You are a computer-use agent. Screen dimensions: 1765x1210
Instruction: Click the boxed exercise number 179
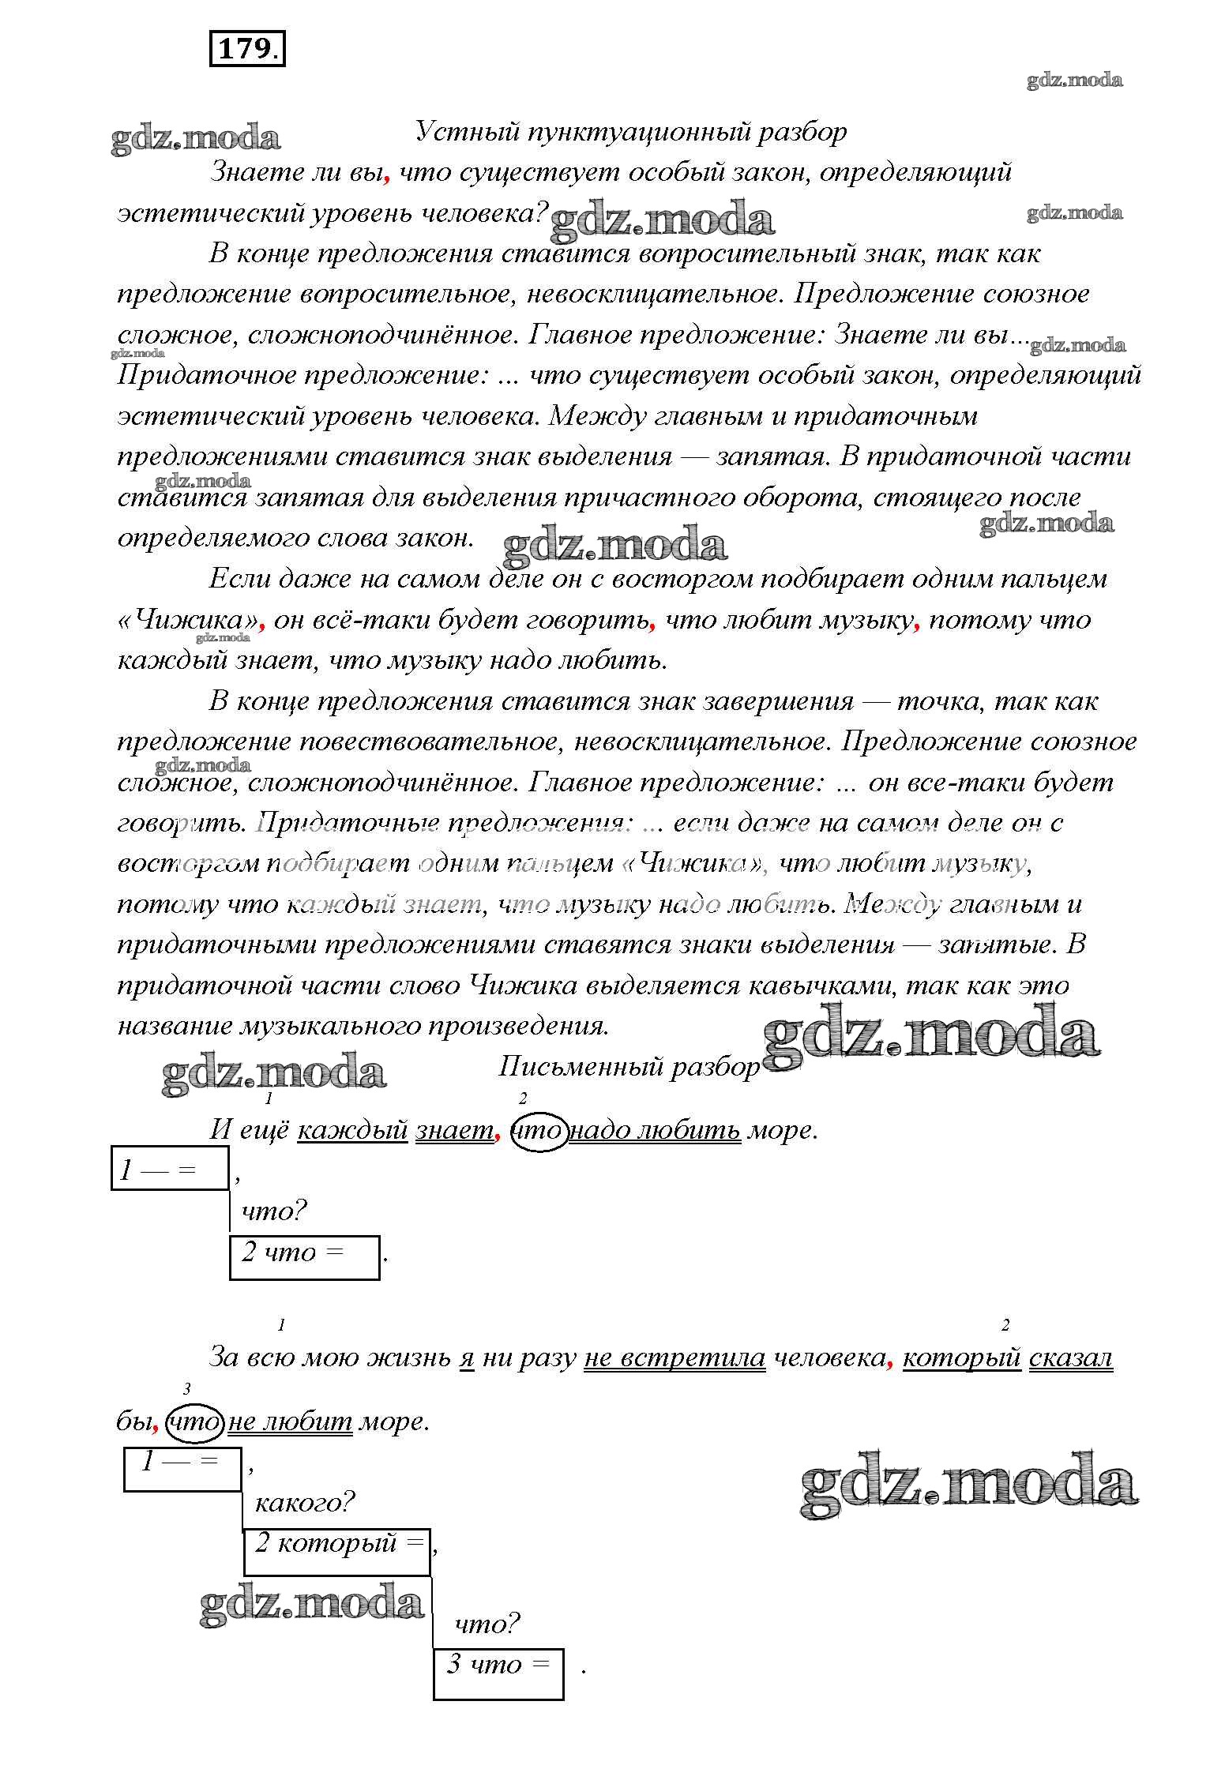click(246, 50)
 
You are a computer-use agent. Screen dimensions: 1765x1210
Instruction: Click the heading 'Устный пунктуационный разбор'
click(631, 132)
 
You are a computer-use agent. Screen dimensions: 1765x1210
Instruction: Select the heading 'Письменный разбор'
click(629, 1067)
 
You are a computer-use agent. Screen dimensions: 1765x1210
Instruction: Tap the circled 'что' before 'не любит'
click(195, 1421)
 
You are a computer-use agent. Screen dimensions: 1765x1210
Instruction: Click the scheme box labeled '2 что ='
click(304, 1256)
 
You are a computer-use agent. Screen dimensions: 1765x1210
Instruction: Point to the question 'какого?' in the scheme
click(304, 1501)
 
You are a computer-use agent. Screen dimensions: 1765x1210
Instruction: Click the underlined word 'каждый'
click(352, 1130)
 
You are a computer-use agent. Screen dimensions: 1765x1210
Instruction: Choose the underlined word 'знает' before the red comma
click(454, 1130)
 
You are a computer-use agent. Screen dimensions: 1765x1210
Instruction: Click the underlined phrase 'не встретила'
click(675, 1358)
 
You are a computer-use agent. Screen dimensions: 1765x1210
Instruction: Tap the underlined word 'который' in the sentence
click(961, 1358)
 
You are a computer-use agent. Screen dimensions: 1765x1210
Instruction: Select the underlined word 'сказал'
click(1070, 1358)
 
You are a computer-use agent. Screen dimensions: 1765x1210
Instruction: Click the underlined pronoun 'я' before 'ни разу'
click(467, 1358)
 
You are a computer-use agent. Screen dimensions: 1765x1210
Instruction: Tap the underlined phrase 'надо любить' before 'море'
click(655, 1130)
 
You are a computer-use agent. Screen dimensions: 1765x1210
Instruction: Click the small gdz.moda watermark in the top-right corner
click(1074, 80)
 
